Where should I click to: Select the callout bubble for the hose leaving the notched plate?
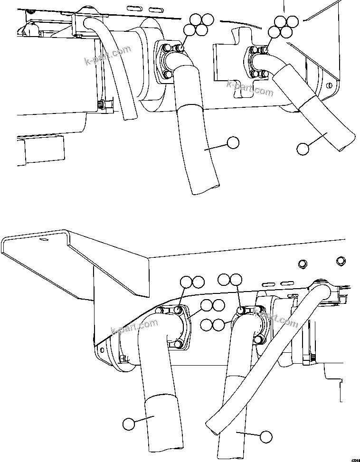tap(303, 149)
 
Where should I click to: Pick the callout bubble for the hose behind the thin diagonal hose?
tap(265, 436)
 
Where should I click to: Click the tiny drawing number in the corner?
tap(355, 459)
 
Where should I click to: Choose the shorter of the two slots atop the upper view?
tap(155, 9)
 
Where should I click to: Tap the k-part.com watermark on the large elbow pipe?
tap(134, 326)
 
